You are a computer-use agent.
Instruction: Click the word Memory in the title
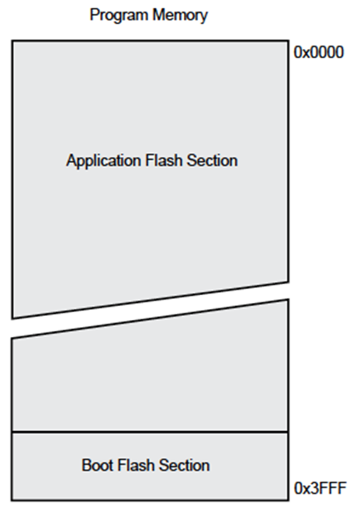180,16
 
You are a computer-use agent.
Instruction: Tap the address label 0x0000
319,52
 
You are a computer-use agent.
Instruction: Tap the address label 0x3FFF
320,488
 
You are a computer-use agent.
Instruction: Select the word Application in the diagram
103,161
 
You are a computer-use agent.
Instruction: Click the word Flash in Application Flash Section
164,160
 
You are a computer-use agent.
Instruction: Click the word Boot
97,465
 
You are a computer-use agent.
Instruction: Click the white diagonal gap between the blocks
150,311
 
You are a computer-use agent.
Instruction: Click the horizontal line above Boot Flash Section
150,433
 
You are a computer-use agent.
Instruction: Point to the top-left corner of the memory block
12,40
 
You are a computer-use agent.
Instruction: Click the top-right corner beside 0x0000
288,40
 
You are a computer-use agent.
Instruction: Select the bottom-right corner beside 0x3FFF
288,500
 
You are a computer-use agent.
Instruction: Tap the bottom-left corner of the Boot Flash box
12,500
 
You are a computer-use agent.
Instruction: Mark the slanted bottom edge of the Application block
150,300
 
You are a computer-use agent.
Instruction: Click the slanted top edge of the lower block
150,319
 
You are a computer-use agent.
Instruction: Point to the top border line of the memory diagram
150,40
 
